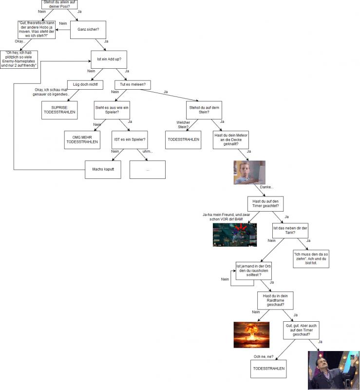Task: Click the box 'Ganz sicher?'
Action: pos(88,30)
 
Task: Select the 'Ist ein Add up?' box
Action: pos(109,59)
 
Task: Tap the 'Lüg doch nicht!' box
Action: pos(85,85)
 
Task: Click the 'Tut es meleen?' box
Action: pos(133,85)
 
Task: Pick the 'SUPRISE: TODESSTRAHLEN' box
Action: pos(59,110)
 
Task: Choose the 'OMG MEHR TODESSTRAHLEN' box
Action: pos(82,140)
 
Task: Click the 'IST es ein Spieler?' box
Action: pos(130,140)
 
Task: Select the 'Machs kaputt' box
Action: pos(103,170)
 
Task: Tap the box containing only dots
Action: pos(148,170)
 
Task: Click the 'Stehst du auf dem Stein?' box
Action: pos(204,110)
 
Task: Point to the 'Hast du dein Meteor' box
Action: pos(231,140)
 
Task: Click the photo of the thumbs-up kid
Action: pos(249,173)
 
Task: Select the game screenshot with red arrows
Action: pos(235,235)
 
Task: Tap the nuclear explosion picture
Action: pos(251,335)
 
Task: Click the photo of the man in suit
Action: pos(334,370)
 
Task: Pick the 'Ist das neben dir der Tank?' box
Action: pos(290,231)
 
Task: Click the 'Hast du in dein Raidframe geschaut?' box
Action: pos(275,301)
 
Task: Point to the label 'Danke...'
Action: pos(266,187)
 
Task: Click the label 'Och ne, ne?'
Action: pos(263,357)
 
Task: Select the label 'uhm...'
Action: pos(148,151)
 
